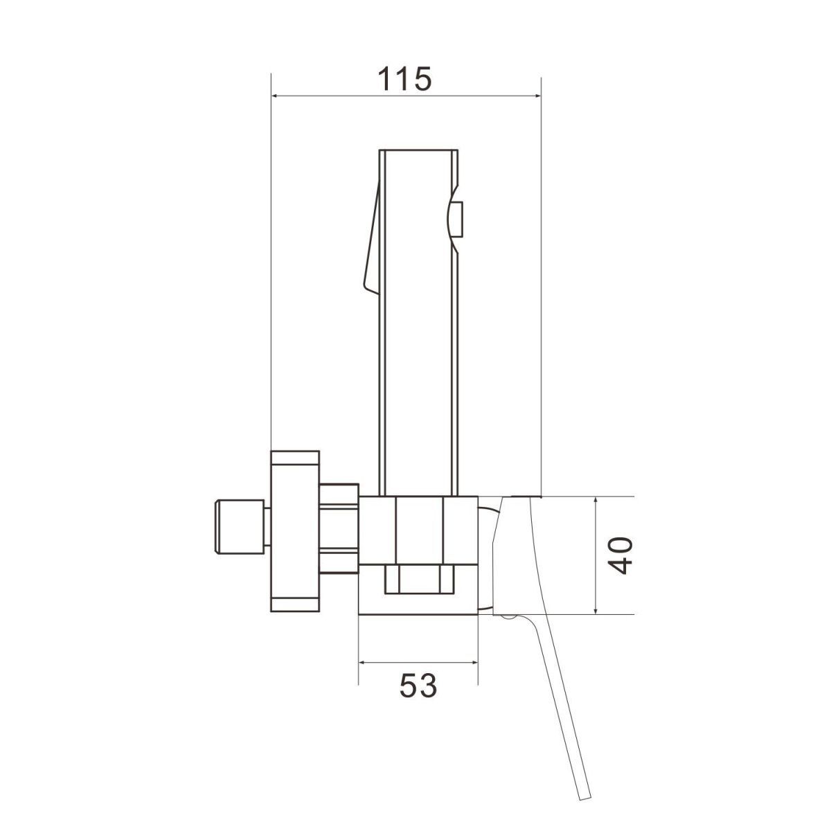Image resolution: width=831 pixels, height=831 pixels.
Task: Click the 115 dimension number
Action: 404,79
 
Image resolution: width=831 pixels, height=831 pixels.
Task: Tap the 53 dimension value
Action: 418,686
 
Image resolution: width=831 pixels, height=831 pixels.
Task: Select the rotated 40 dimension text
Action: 621,555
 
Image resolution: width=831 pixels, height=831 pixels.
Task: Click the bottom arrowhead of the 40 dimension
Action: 596,609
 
